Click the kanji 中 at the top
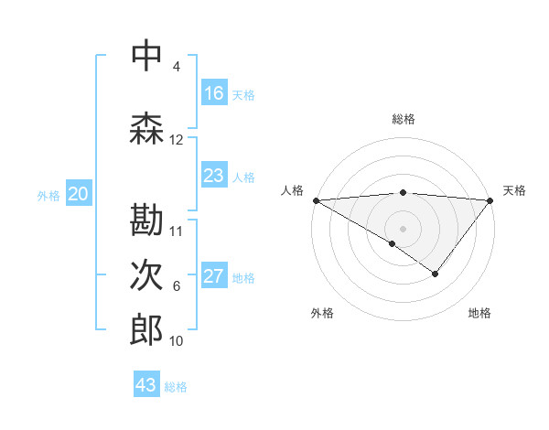coord(146,57)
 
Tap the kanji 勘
coord(146,220)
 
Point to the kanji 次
coord(146,276)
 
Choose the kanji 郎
coord(146,330)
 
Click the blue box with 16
coord(214,93)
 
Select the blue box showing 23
coord(214,176)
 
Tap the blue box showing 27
coord(214,276)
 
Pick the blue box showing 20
coord(79,194)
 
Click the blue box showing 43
coord(146,385)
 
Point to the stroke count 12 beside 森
coord(177,140)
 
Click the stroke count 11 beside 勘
coord(177,231)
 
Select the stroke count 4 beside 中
coord(177,67)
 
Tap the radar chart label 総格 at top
coord(403,119)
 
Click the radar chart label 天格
coord(514,190)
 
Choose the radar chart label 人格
coord(292,190)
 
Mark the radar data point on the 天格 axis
coord(490,199)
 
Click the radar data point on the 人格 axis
coord(316,199)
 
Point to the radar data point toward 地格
coord(436,274)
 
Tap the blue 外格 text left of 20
coord(49,195)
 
